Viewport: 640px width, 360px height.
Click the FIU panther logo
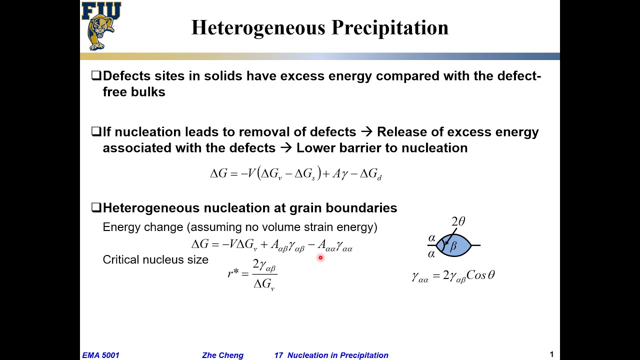100,26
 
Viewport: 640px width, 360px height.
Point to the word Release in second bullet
403,132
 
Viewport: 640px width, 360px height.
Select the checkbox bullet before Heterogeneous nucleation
96,208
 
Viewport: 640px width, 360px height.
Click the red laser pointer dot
320,258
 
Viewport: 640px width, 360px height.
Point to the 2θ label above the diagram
458,221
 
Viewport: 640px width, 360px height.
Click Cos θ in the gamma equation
480,275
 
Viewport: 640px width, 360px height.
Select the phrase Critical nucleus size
155,259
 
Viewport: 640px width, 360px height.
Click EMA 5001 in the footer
100,355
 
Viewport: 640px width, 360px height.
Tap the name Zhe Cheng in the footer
222,355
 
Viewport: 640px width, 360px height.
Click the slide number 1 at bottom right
551,354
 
